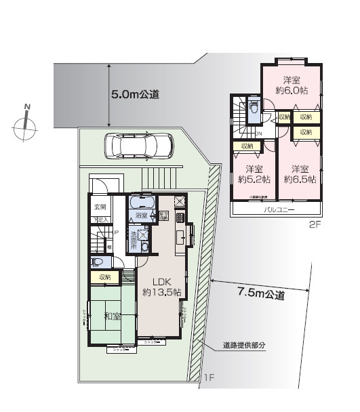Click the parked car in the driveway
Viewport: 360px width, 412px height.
pyautogui.click(x=139, y=145)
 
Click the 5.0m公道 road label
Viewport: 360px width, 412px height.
pyautogui.click(x=135, y=96)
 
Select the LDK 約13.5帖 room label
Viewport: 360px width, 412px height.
pyautogui.click(x=161, y=287)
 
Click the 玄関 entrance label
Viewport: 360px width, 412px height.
pyautogui.click(x=100, y=207)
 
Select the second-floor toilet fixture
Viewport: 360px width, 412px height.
pyautogui.click(x=254, y=108)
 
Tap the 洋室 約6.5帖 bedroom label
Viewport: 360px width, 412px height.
pyautogui.click(x=298, y=174)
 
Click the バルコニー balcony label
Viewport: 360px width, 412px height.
pyautogui.click(x=279, y=211)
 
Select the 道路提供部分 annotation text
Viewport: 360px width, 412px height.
pyautogui.click(x=244, y=346)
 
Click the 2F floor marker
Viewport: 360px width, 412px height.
pyautogui.click(x=314, y=224)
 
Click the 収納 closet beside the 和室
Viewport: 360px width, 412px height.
pyautogui.click(x=104, y=277)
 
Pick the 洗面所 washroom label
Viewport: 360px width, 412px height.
pyautogui.click(x=134, y=239)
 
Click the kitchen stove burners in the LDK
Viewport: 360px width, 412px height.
pyautogui.click(x=180, y=218)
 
